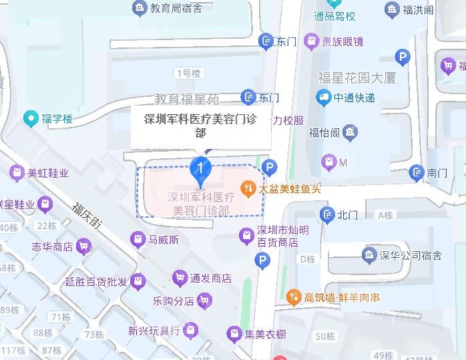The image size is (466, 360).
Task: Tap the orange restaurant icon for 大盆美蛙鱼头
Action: point(248,188)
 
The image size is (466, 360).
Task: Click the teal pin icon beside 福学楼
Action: point(30,120)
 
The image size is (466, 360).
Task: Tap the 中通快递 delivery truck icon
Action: point(324,98)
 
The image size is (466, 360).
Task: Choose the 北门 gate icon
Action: point(327,215)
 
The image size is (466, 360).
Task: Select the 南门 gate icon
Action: point(417,173)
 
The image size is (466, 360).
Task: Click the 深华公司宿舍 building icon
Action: point(368,254)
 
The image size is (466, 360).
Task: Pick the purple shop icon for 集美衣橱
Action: point(234,333)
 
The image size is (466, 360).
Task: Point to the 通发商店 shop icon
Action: point(179,278)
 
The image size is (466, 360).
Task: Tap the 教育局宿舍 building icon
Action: point(140,8)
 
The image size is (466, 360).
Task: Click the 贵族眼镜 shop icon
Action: point(310,41)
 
